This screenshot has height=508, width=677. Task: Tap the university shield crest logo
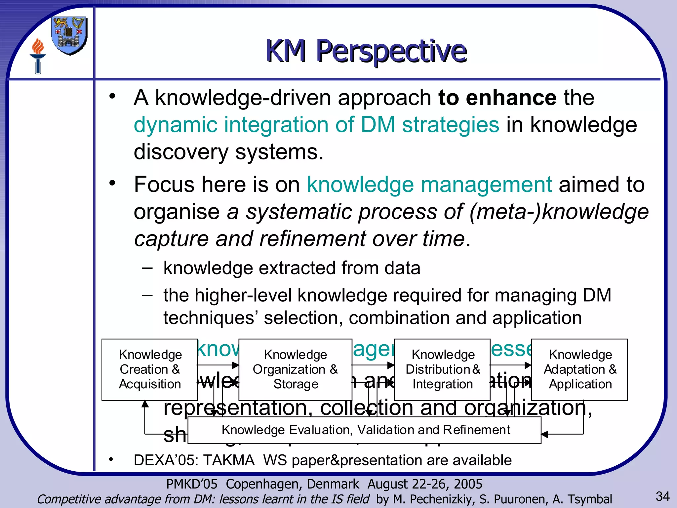(x=69, y=35)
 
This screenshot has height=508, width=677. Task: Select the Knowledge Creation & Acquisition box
(x=150, y=369)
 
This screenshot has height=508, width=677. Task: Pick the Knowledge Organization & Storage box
(x=295, y=369)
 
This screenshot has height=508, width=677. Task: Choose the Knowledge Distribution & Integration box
(x=442, y=369)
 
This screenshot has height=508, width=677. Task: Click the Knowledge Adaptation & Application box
(x=579, y=369)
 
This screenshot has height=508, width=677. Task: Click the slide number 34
(x=662, y=496)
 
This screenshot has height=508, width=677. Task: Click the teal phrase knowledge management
(x=429, y=184)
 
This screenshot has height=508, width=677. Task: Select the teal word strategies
(x=450, y=125)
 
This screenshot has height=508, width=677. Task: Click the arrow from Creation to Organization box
(x=218, y=365)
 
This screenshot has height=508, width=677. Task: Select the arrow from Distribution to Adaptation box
(x=511, y=365)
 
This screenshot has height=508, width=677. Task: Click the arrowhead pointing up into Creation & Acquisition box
(x=145, y=404)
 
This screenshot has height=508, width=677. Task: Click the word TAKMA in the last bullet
(x=229, y=460)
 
